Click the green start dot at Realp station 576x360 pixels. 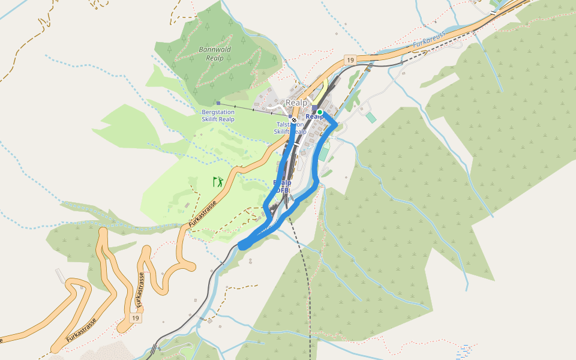point(320,112)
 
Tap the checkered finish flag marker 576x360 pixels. point(294,120)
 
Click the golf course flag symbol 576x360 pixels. point(218,181)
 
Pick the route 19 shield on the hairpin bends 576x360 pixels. point(136,318)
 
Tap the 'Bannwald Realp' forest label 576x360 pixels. point(214,54)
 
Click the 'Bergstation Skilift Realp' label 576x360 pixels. point(218,115)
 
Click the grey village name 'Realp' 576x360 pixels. point(296,103)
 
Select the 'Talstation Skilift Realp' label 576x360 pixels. point(290,128)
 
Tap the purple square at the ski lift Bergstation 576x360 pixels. point(218,103)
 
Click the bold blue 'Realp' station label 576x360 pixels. point(315,117)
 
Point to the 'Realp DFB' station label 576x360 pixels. point(282,186)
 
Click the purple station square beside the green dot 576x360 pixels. point(314,108)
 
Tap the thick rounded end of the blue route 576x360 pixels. point(243,244)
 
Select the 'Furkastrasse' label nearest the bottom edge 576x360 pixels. point(81,331)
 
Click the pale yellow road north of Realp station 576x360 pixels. point(323,90)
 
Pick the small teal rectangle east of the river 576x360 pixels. point(371,118)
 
